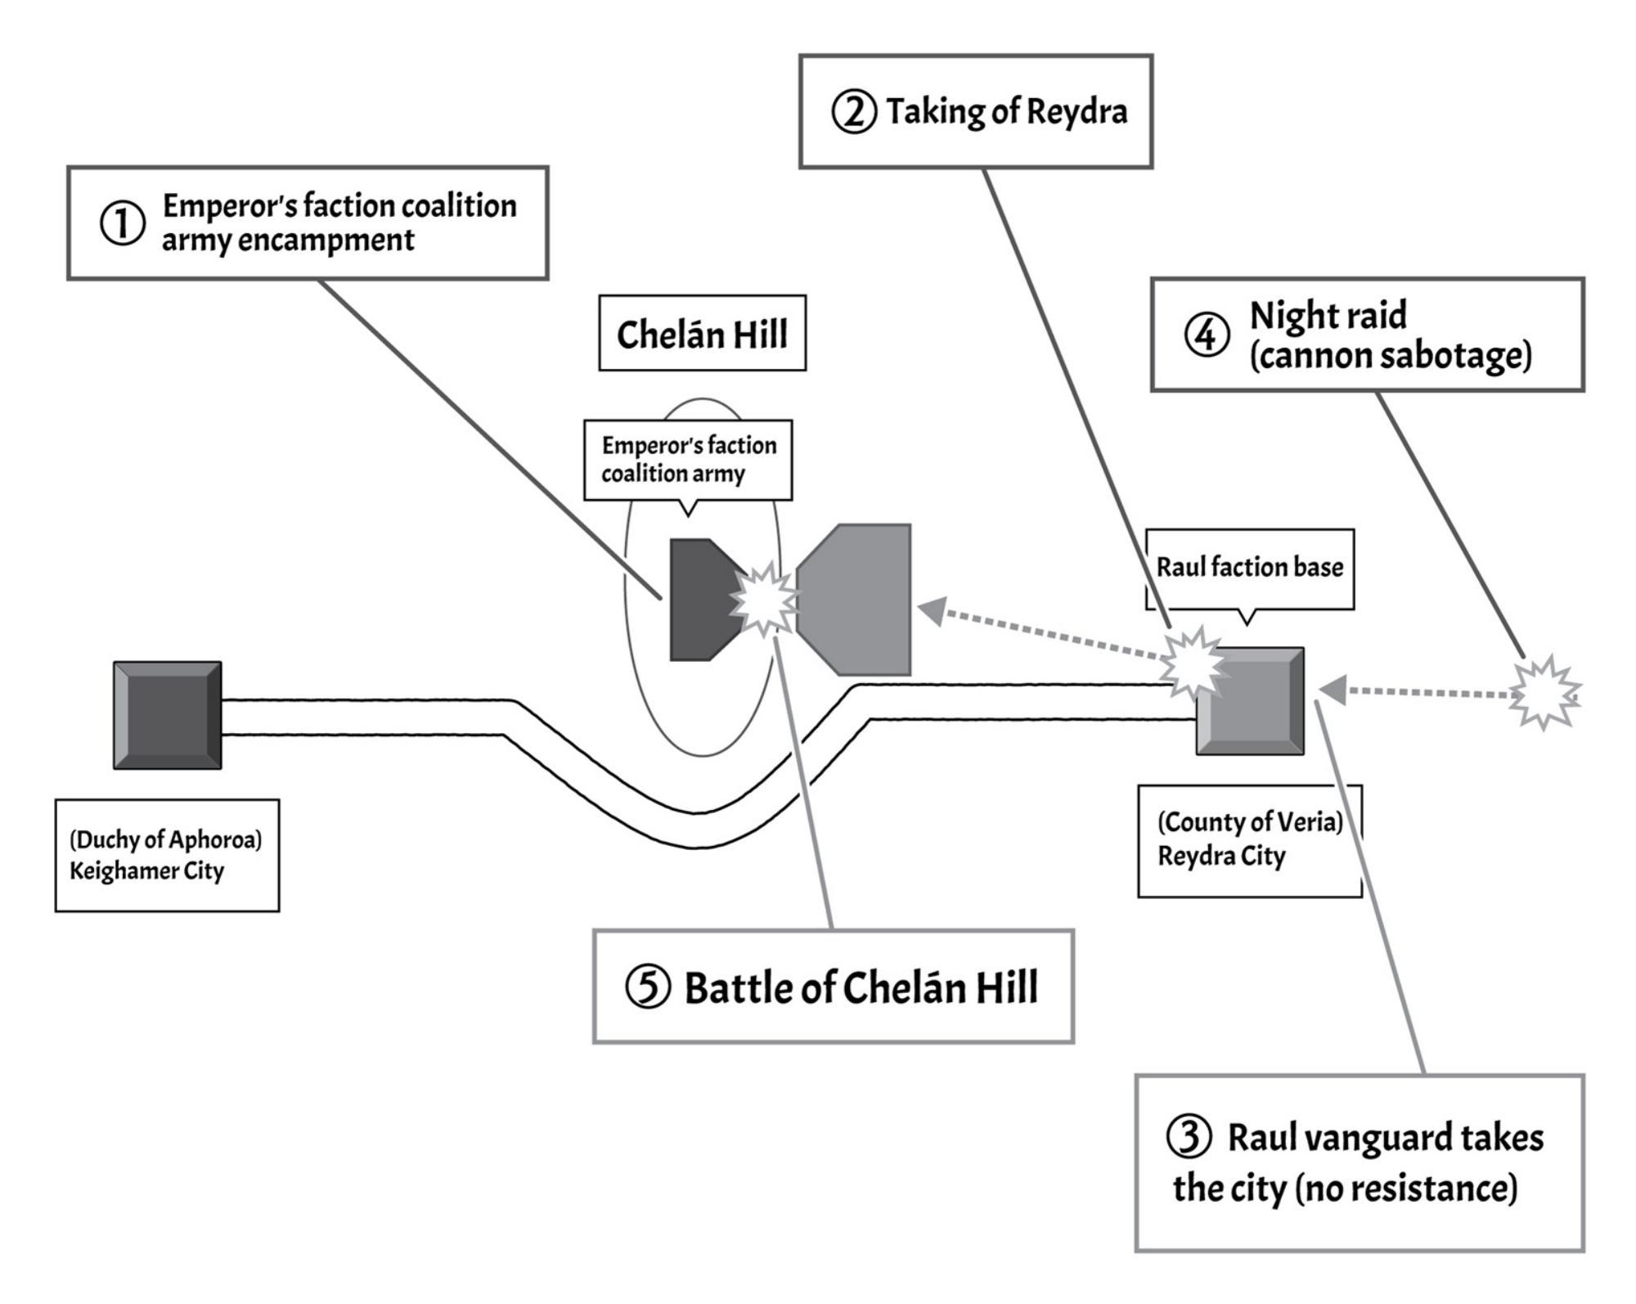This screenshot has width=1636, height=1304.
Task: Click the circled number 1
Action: (123, 223)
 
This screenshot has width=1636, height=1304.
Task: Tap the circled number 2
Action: (854, 112)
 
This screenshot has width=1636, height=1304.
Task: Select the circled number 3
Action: (1189, 1137)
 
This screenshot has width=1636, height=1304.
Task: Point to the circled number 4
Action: (1207, 335)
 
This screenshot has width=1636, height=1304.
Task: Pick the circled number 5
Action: (648, 987)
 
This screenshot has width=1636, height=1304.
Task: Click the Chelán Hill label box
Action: (703, 334)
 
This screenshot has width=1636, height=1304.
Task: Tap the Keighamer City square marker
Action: (168, 716)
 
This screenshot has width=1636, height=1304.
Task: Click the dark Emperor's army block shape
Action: (703, 600)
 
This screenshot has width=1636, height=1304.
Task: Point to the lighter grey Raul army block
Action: (855, 600)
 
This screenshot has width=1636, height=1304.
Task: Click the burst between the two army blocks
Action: (765, 600)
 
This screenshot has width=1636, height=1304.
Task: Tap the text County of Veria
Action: (1250, 821)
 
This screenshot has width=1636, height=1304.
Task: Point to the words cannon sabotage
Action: (1391, 356)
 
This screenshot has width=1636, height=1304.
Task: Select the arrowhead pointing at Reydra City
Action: (1333, 690)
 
